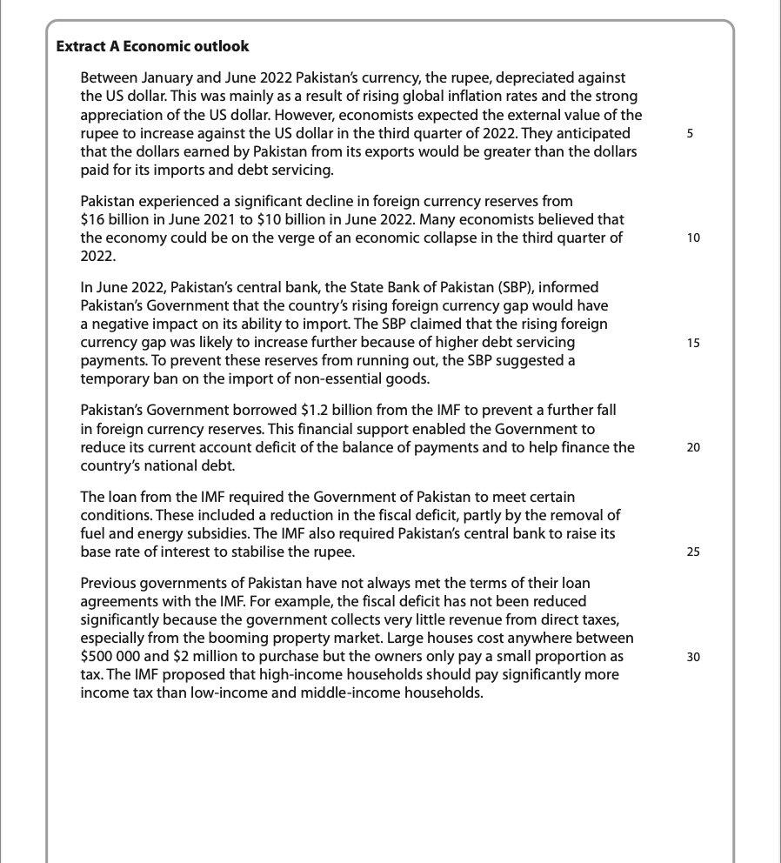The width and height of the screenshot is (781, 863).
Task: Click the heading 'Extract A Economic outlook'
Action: point(152,46)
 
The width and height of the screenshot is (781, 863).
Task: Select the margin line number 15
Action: point(692,343)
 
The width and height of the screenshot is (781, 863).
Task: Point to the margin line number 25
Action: point(692,552)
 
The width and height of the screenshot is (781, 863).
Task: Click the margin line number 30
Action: point(692,657)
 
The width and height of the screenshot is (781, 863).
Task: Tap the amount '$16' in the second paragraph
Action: point(92,219)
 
